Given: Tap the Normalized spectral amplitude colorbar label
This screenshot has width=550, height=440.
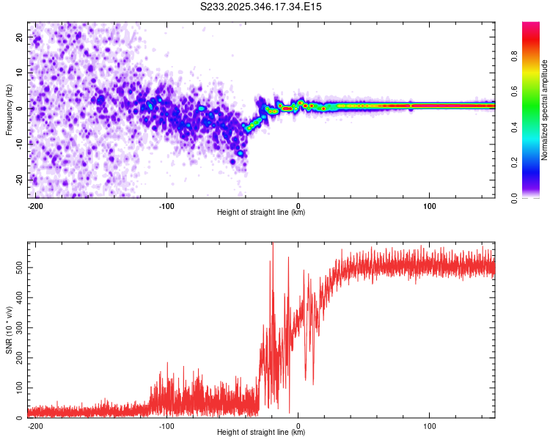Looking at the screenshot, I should tap(545, 111).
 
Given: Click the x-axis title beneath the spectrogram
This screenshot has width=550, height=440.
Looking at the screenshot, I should tap(261, 213).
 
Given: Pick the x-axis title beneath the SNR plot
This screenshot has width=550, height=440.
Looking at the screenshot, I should tap(261, 433).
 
